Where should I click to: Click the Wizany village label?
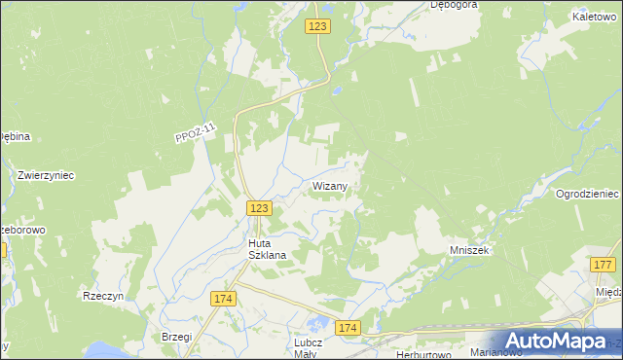[x=338, y=185]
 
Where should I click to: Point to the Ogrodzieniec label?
[x=588, y=194]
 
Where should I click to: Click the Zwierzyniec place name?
[x=46, y=175]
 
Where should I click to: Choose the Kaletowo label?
[x=596, y=17]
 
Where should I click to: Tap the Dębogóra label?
[x=454, y=5]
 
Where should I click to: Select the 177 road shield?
[x=603, y=265]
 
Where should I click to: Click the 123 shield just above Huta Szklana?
[x=258, y=208]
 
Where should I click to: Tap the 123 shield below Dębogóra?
[x=318, y=27]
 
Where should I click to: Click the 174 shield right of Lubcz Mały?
[x=348, y=329]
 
